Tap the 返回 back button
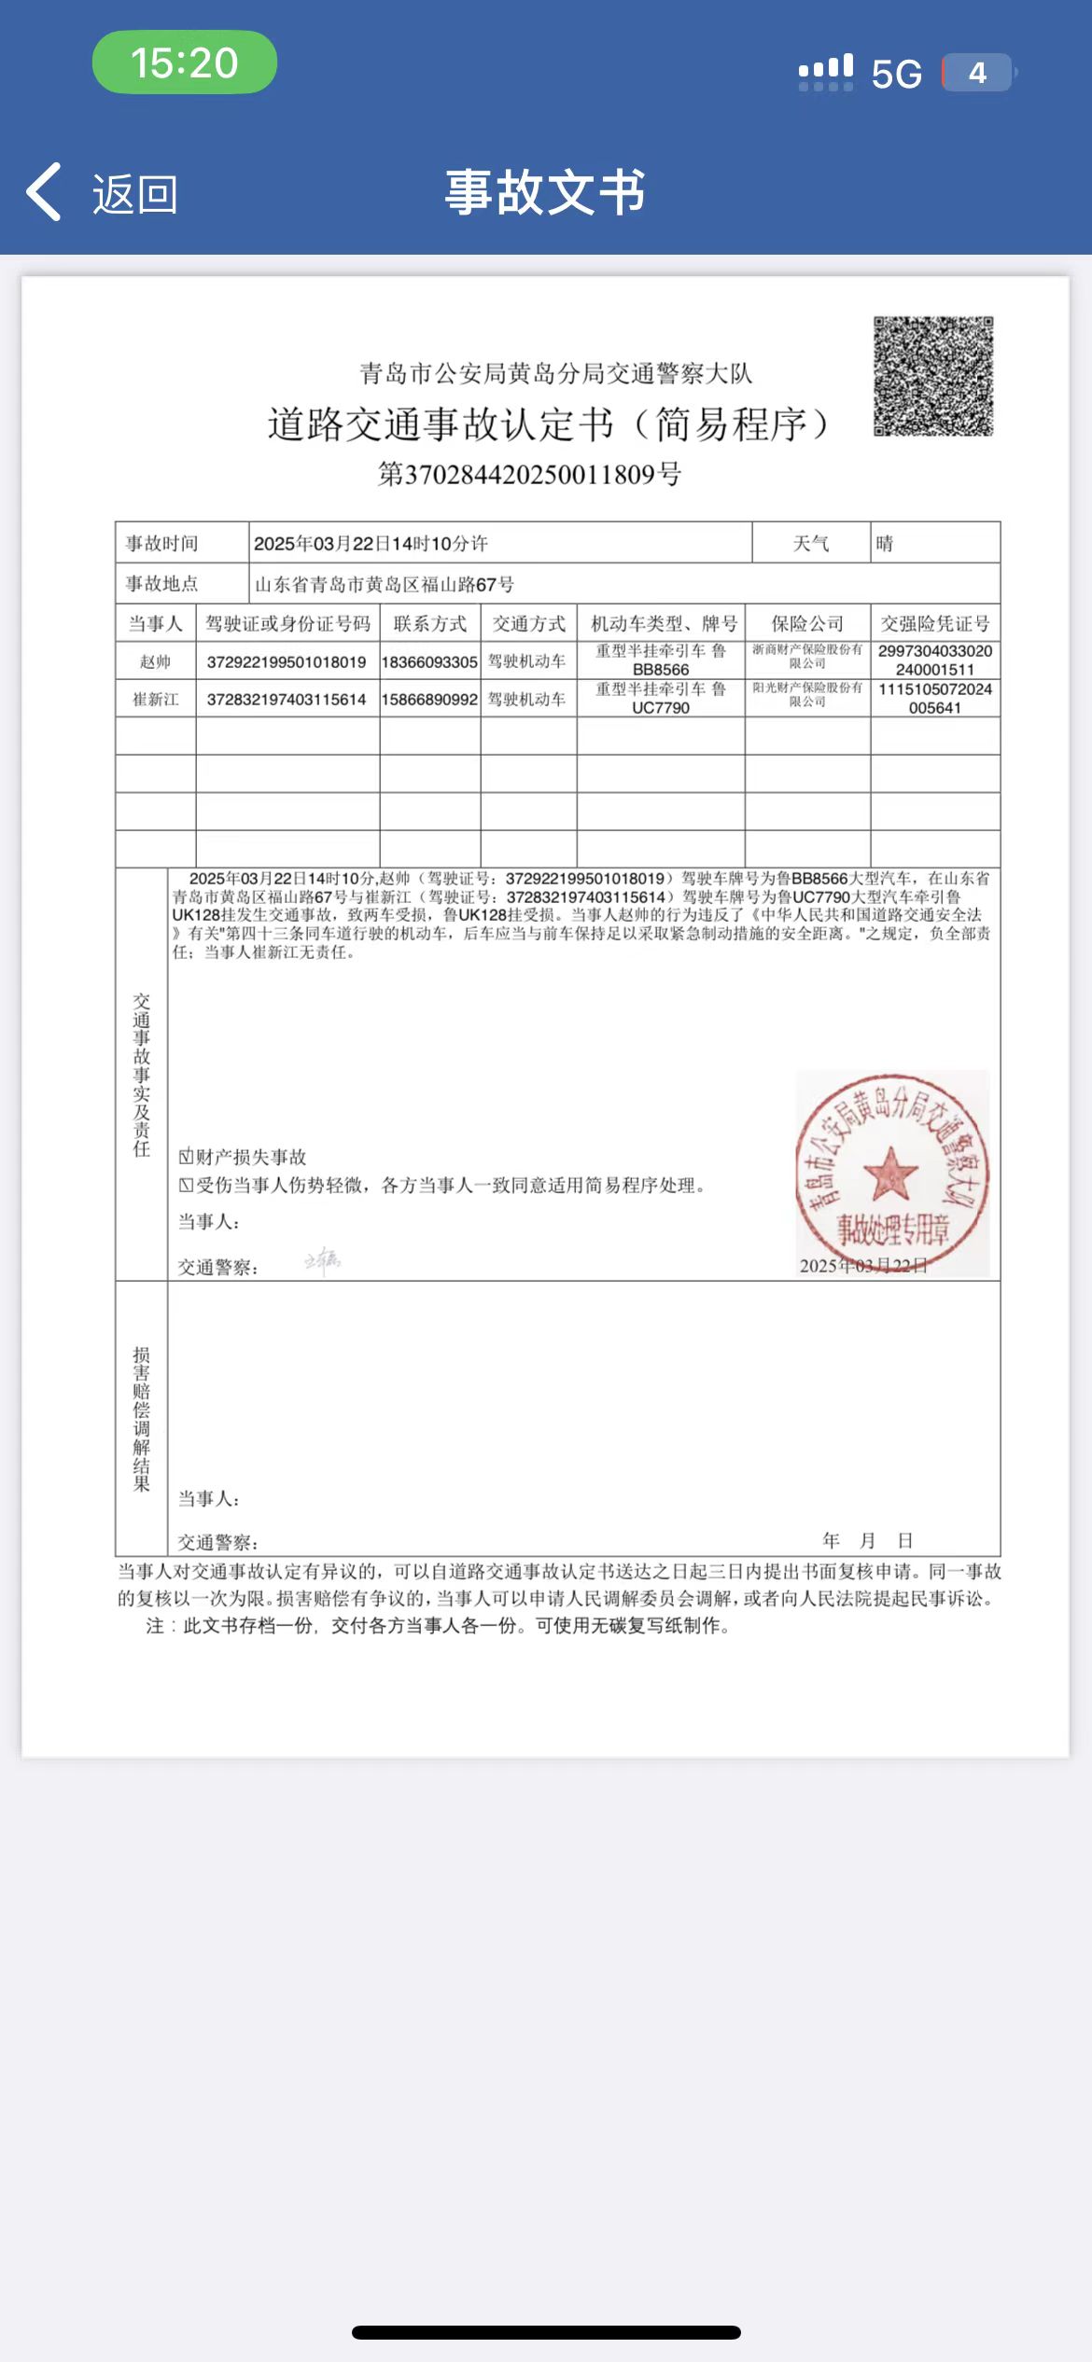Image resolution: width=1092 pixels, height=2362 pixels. click(x=103, y=193)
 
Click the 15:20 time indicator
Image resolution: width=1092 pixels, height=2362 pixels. click(x=184, y=63)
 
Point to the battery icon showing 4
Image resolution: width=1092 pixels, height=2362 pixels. click(x=977, y=73)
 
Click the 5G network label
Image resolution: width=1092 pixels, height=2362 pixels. click(x=896, y=74)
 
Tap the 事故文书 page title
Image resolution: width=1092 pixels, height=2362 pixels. click(x=545, y=192)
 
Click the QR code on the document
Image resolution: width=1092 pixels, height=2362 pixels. click(x=932, y=376)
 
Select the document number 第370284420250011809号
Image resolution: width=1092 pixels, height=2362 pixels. click(x=529, y=475)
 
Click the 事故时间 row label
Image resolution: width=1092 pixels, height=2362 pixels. click(x=162, y=543)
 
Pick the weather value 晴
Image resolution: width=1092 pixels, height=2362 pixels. click(x=885, y=543)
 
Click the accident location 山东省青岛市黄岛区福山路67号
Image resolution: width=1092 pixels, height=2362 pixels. click(x=385, y=585)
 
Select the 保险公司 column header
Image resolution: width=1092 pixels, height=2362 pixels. click(x=807, y=623)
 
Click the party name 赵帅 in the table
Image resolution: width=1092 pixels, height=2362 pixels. click(x=155, y=661)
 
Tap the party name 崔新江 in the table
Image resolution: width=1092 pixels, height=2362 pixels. click(x=155, y=699)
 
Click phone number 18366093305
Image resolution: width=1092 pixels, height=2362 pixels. click(x=429, y=661)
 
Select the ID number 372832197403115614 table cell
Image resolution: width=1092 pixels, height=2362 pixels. click(x=287, y=699)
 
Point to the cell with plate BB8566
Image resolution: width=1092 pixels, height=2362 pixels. click(x=661, y=660)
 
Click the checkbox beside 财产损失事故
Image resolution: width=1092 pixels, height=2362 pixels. click(x=186, y=1157)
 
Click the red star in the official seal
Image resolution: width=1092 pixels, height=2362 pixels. click(x=890, y=1173)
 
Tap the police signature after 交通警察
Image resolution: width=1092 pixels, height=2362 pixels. click(x=322, y=1261)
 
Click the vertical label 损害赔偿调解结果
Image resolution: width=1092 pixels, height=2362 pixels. click(x=142, y=1418)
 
